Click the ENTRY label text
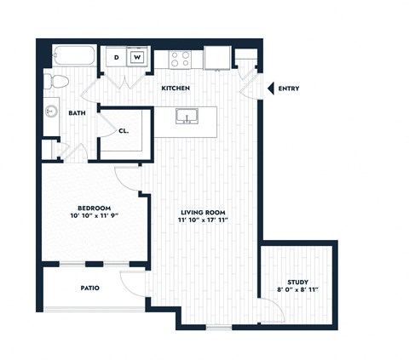(289, 89)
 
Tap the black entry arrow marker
(271, 89)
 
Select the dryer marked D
(117, 58)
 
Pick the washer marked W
(135, 58)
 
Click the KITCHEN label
(176, 89)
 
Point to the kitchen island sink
(186, 117)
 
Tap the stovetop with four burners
(181, 59)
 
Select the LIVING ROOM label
(204, 212)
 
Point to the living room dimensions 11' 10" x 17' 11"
(204, 220)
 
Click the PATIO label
(89, 288)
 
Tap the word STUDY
(297, 283)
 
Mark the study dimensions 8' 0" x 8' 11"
(298, 291)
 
